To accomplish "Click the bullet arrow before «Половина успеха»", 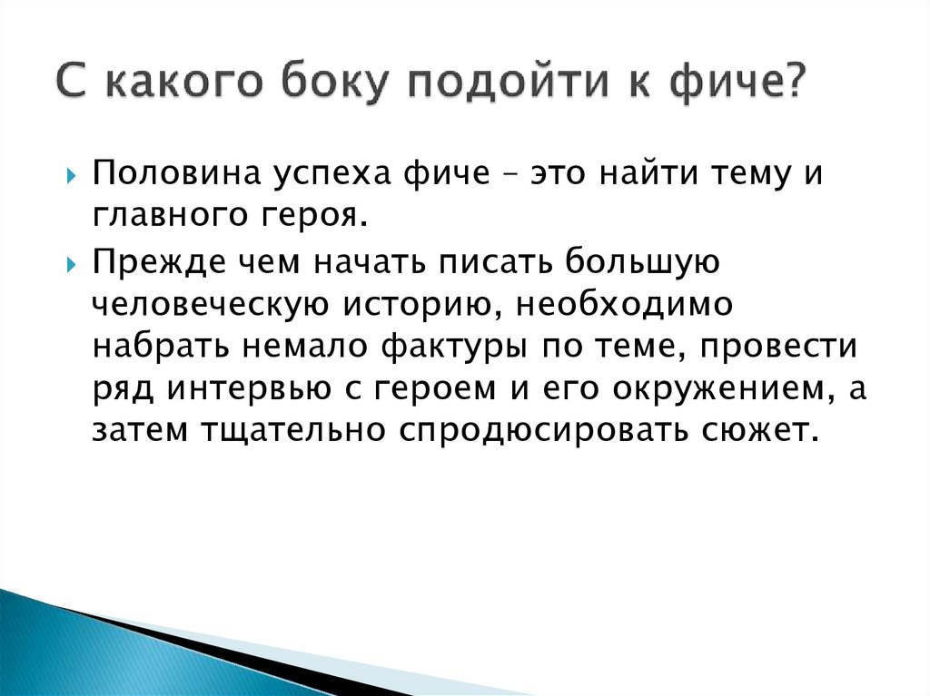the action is tap(71, 176).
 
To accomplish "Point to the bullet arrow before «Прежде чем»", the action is tap(71, 264).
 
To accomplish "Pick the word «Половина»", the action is tap(177, 173).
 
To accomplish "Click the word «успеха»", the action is tap(332, 177).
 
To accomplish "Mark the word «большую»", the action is tap(642, 262).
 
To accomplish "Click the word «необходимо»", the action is tap(625, 304).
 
